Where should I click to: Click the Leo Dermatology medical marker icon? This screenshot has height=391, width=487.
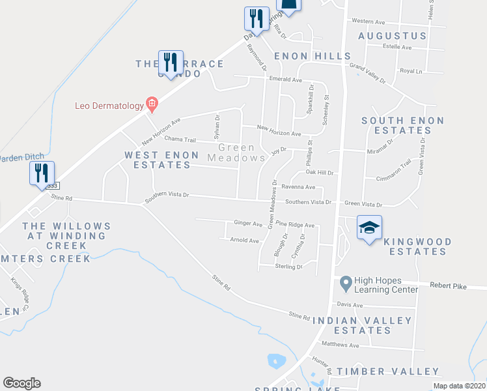pos(152,103)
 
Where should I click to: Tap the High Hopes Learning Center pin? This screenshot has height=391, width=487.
pos(345,283)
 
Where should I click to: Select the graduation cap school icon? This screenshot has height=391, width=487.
pos(369,227)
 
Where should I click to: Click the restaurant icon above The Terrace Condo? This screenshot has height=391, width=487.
pos(171,63)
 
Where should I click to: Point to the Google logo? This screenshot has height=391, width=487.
pos(21,383)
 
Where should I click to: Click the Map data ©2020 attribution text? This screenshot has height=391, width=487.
pos(458,386)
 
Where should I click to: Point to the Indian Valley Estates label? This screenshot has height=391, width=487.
pos(362,325)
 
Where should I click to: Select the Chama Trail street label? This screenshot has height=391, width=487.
pos(180,139)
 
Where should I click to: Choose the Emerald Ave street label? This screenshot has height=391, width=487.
pos(285,80)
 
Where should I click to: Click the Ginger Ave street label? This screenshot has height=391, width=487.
pos(247,224)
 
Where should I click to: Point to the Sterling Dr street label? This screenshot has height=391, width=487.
pos(290,266)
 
